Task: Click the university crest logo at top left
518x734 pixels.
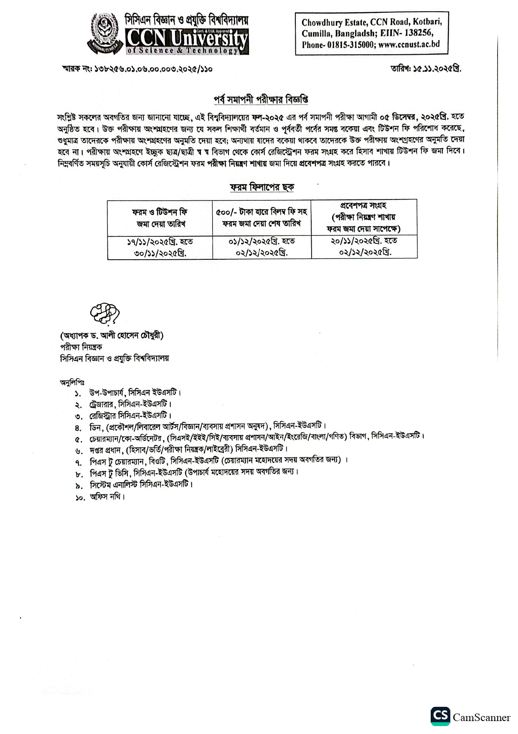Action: (x=105, y=33)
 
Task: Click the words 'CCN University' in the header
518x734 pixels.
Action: (x=187, y=38)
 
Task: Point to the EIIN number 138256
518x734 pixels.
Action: (x=417, y=33)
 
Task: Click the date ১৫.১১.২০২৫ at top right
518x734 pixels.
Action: (x=437, y=69)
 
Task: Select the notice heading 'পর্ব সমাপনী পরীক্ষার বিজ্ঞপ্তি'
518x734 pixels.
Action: (x=261, y=100)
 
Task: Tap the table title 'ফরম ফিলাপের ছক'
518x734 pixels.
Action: (x=262, y=187)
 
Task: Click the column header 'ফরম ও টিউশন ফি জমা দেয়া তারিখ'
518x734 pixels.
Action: (x=160, y=217)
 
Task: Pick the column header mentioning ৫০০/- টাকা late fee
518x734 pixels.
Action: (x=262, y=217)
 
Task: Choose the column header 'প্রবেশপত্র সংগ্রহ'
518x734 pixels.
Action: (x=363, y=217)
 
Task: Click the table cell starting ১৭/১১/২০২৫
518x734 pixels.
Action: (x=160, y=247)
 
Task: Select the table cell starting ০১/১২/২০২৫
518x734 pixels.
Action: (x=262, y=247)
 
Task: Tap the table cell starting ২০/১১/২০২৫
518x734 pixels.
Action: (x=364, y=246)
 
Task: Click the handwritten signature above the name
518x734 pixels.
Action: (x=104, y=313)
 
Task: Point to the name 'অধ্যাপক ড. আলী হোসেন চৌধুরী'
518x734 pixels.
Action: (x=112, y=335)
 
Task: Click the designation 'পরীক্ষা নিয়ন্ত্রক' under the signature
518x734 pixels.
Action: (x=81, y=347)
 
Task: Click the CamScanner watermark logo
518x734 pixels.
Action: (x=440, y=717)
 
